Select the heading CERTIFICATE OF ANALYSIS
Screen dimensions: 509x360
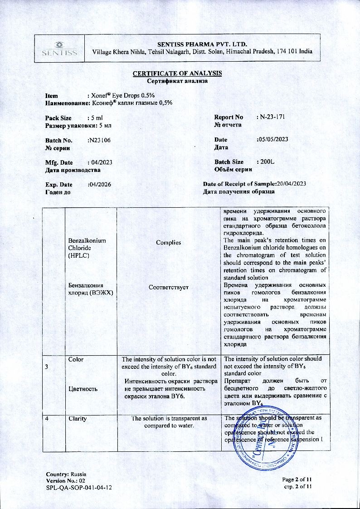click(x=177, y=73)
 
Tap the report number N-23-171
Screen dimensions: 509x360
click(x=272, y=117)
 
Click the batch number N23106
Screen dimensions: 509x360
click(x=99, y=140)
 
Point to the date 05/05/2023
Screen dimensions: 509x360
click(x=272, y=140)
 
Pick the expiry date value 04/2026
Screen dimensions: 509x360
click(x=99, y=184)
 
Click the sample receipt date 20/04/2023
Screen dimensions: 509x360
click(x=292, y=184)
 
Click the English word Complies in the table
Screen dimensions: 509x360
click(x=168, y=242)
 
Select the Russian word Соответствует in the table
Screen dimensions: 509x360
click(x=168, y=287)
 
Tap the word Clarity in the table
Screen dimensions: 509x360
click(x=78, y=419)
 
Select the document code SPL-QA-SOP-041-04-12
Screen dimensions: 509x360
click(x=79, y=487)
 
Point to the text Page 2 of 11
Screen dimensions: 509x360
click(x=297, y=480)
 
